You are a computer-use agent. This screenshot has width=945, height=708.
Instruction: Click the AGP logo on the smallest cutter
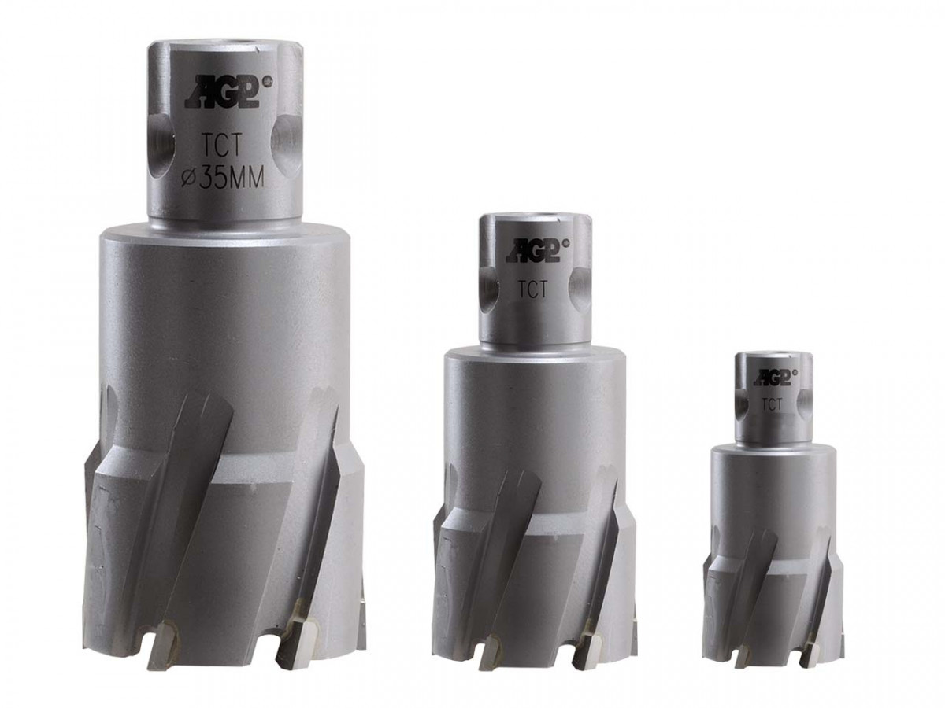point(771,377)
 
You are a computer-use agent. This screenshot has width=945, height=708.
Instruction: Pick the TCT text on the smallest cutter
point(771,404)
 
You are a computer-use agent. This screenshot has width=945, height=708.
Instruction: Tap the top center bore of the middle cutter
point(534,218)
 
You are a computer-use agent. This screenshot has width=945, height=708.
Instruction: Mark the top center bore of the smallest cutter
point(771,356)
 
